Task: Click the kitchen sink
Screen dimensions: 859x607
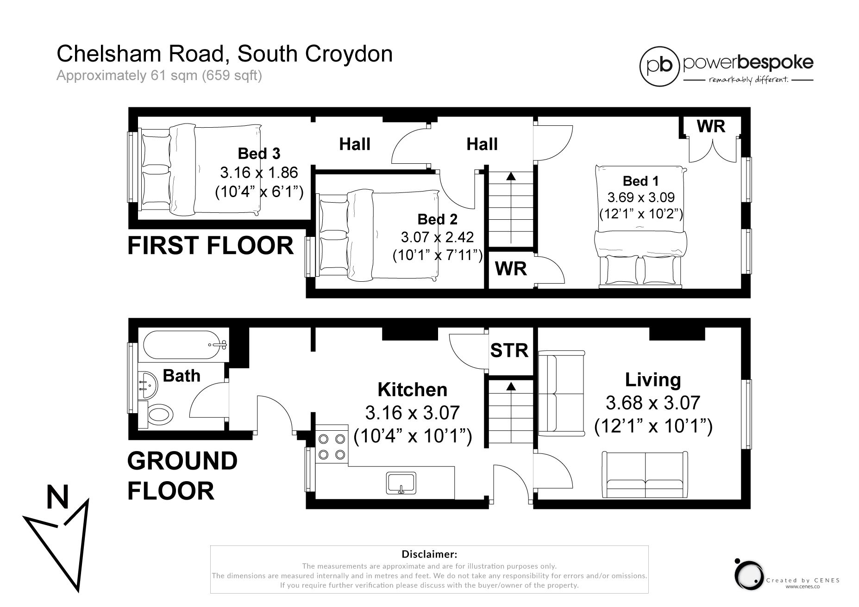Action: coord(401,483)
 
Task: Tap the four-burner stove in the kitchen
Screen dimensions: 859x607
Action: coord(332,446)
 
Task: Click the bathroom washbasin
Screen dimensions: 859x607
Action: coord(148,385)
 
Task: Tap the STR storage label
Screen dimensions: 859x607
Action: coord(509,350)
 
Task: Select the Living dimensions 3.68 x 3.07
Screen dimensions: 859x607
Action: coord(653,403)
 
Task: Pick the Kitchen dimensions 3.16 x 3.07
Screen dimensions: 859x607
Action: coord(412,412)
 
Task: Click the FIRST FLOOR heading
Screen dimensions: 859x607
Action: coord(210,245)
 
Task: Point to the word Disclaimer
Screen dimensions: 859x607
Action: coord(429,554)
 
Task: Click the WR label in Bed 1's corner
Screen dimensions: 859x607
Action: coord(711,126)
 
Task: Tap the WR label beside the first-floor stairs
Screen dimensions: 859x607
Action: coord(511,268)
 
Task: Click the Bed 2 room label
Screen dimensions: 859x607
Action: coord(438,219)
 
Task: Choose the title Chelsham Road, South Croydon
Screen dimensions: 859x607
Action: coord(225,54)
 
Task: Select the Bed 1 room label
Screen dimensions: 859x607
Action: coord(641,181)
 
